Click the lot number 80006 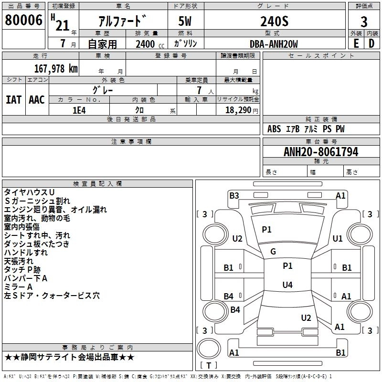[23, 21]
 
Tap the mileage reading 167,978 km [56, 68]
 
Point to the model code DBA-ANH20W [273, 44]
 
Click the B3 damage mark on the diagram [234, 195]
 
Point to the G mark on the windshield [273, 252]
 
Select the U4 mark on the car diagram [287, 285]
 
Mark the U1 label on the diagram [338, 238]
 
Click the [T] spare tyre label [209, 365]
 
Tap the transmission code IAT [13, 100]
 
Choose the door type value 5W [186, 21]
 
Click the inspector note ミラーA [18, 287]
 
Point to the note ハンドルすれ [26, 253]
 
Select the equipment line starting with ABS [306, 129]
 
